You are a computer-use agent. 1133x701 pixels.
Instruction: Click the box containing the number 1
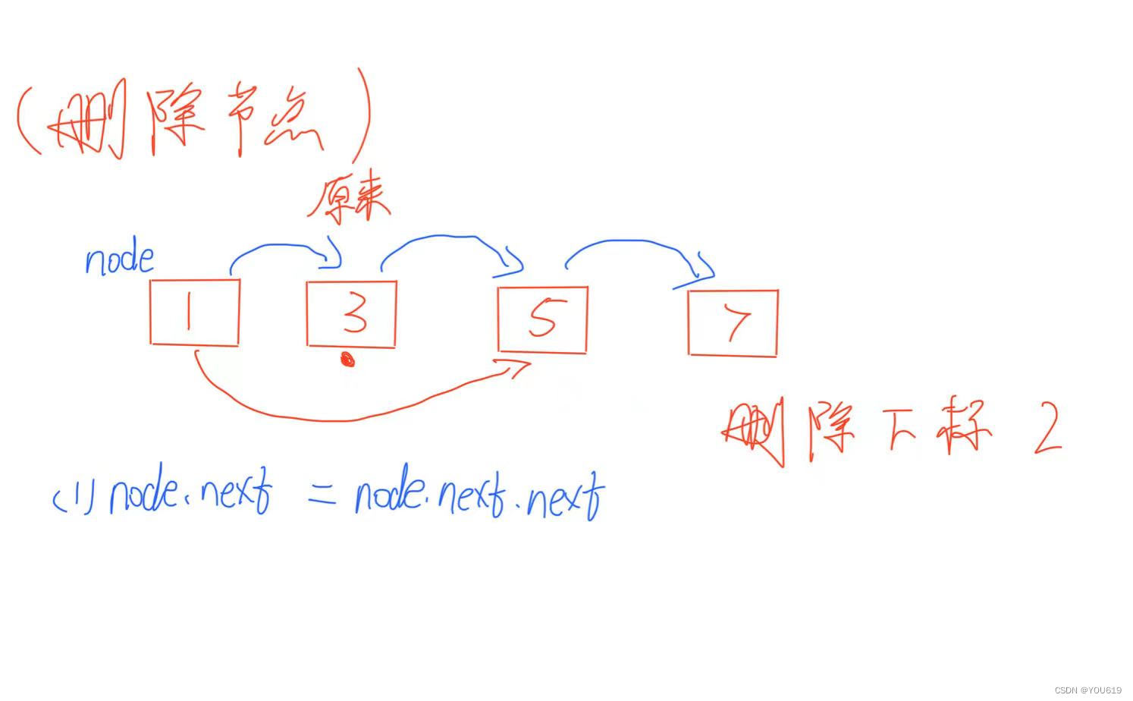(195, 313)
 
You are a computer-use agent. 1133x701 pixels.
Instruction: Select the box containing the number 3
(351, 314)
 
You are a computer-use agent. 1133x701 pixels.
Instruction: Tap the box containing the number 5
(542, 319)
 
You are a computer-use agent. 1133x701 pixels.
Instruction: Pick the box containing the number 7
(733, 322)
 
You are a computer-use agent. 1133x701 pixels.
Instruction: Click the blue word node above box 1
(119, 259)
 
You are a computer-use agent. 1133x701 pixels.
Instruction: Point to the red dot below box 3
(348, 360)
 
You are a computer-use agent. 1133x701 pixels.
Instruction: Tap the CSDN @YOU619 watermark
(1087, 690)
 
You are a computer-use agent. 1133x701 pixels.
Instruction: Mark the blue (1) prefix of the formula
(73, 498)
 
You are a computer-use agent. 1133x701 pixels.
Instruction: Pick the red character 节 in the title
(243, 125)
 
